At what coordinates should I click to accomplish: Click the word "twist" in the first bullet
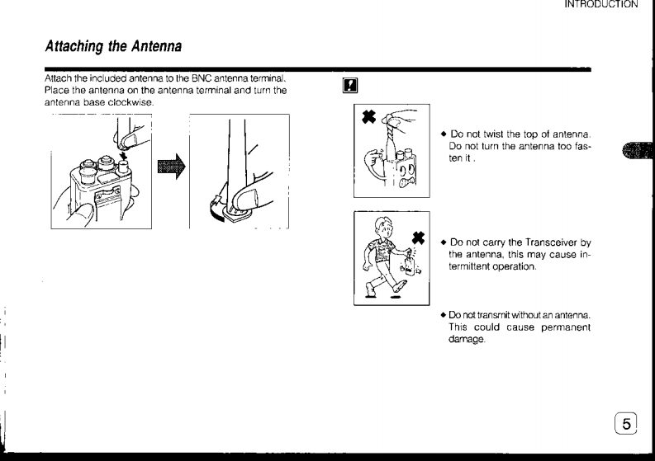coord(493,134)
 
